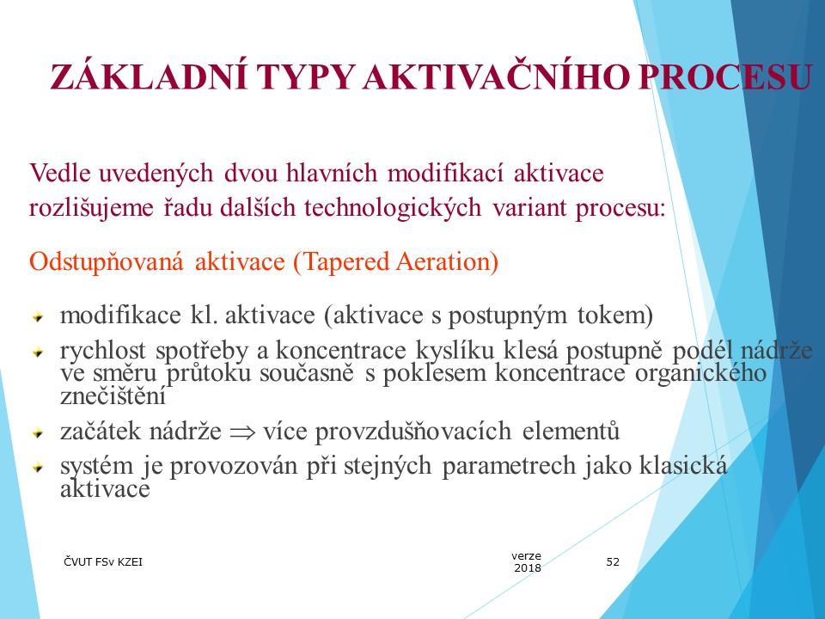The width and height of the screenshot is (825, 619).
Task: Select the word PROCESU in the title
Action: (x=725, y=77)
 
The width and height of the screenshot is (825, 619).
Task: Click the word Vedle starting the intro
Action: (x=60, y=173)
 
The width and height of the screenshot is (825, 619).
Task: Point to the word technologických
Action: (x=393, y=208)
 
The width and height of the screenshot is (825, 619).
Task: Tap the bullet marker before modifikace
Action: (x=38, y=317)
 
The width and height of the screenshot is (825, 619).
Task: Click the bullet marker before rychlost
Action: (x=38, y=352)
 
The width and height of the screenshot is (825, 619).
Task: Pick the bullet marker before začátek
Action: (x=38, y=433)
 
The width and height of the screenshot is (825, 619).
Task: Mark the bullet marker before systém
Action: (x=38, y=467)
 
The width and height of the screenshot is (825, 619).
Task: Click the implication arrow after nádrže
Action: (x=242, y=433)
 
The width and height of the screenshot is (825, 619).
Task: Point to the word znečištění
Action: (x=113, y=395)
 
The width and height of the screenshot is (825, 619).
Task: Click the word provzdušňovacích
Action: (x=413, y=432)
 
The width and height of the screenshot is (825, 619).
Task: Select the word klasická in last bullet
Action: (x=683, y=465)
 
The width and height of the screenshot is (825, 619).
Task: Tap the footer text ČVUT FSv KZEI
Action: (x=103, y=561)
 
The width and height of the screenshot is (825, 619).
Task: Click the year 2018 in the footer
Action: (x=527, y=568)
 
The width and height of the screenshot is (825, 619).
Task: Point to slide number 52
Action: (x=613, y=561)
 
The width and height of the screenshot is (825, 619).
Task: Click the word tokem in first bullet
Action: (x=615, y=316)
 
